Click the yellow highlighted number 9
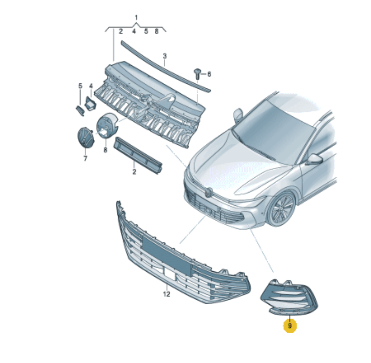coord(290,326)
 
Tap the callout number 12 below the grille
coord(167,294)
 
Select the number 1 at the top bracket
coord(136,17)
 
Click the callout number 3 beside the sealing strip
coord(165,56)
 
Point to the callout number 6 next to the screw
coord(209,74)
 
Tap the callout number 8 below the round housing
coord(105,150)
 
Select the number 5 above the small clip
coord(80,86)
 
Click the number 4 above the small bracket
coord(91,86)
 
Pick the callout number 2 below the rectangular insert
coord(134,172)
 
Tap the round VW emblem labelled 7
coord(86,137)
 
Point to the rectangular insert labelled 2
coord(138,155)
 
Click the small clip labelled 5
coord(80,111)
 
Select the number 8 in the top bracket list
coord(156,31)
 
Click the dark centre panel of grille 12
coord(167,256)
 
